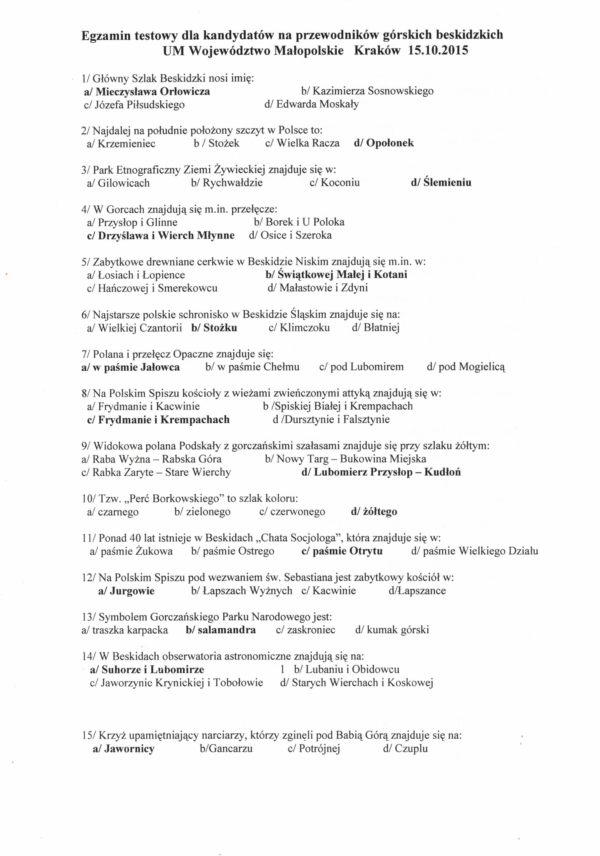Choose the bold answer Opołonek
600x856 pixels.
384,143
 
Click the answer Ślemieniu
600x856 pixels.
441,183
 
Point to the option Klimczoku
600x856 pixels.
299,328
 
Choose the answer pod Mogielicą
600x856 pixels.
466,367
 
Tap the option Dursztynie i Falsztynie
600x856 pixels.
331,420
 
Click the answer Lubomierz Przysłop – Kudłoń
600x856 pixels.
381,472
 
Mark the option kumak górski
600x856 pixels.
392,630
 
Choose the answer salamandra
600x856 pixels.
221,630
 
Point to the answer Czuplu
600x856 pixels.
405,749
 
